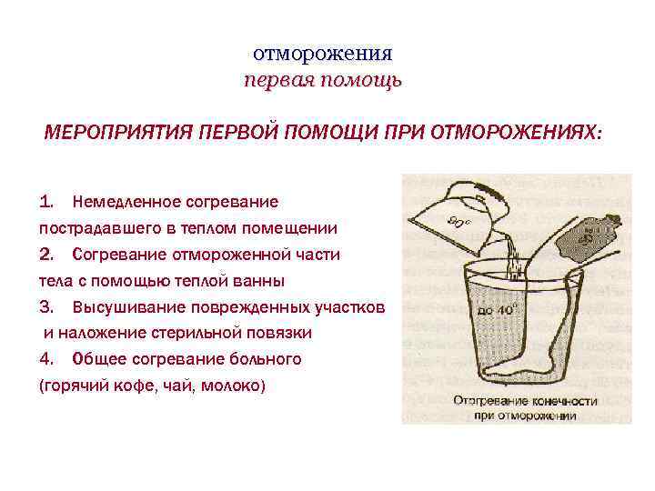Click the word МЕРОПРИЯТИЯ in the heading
pos(113,133)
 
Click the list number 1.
pos(48,200)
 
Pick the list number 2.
pos(48,253)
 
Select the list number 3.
pos(48,306)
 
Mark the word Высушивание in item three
pos(128,306)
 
